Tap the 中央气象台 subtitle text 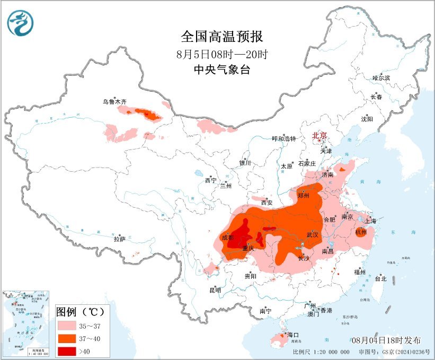point(221,69)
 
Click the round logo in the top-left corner point(20,23)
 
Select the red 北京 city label point(319,136)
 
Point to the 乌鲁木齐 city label point(115,101)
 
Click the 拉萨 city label point(119,239)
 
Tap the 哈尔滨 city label point(381,78)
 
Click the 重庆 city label point(248,248)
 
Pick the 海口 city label point(293,335)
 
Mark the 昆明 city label point(215,290)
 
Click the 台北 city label point(380,278)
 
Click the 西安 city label point(267,203)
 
